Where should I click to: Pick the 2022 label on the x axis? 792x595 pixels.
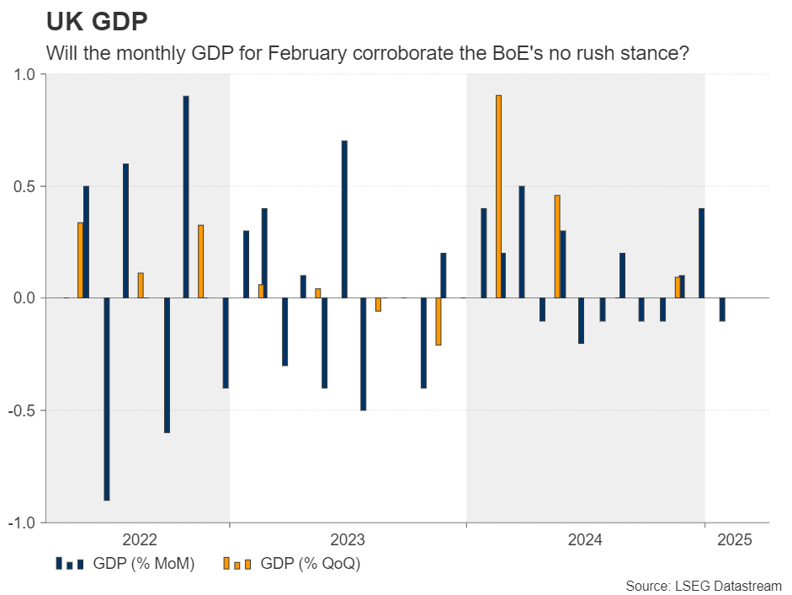[x=140, y=540]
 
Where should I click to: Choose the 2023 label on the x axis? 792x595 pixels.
[x=348, y=540]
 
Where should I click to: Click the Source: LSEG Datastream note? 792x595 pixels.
[x=704, y=585]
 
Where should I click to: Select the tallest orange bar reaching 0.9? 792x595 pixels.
[x=498, y=196]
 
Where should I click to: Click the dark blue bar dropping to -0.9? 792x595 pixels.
[x=107, y=399]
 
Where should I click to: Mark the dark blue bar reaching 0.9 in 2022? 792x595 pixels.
[x=186, y=196]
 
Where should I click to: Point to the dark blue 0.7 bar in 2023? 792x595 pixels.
[x=344, y=219]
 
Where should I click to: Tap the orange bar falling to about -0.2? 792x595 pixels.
[x=439, y=321]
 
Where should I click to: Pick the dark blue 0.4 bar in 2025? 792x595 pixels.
[x=701, y=253]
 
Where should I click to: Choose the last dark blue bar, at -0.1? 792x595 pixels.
[x=722, y=309]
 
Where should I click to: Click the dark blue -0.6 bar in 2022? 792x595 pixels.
[x=167, y=365]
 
